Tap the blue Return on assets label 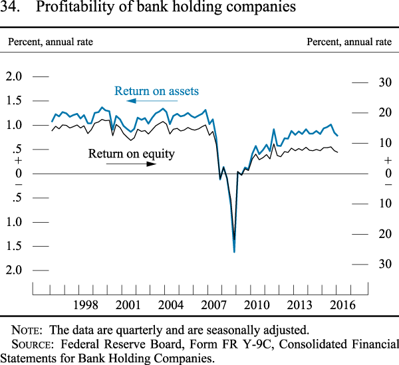point(156,91)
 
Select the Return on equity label point(131,154)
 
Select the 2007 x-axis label point(214,305)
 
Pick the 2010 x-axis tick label point(257,305)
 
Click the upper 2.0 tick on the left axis point(14,76)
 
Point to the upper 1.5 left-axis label point(14,100)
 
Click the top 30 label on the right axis point(384,82)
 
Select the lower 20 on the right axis point(384,234)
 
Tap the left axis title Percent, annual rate point(50,42)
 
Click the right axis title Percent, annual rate point(349,42)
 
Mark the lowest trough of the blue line point(234,251)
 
